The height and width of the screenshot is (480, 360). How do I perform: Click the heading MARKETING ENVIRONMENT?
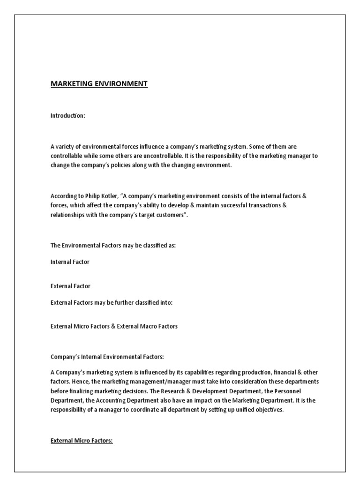coord(99,84)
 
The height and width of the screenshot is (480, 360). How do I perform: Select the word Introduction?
coord(67,116)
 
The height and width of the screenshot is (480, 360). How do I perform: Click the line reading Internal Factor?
coord(70,262)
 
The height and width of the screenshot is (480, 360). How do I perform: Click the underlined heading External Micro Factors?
coord(82,441)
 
